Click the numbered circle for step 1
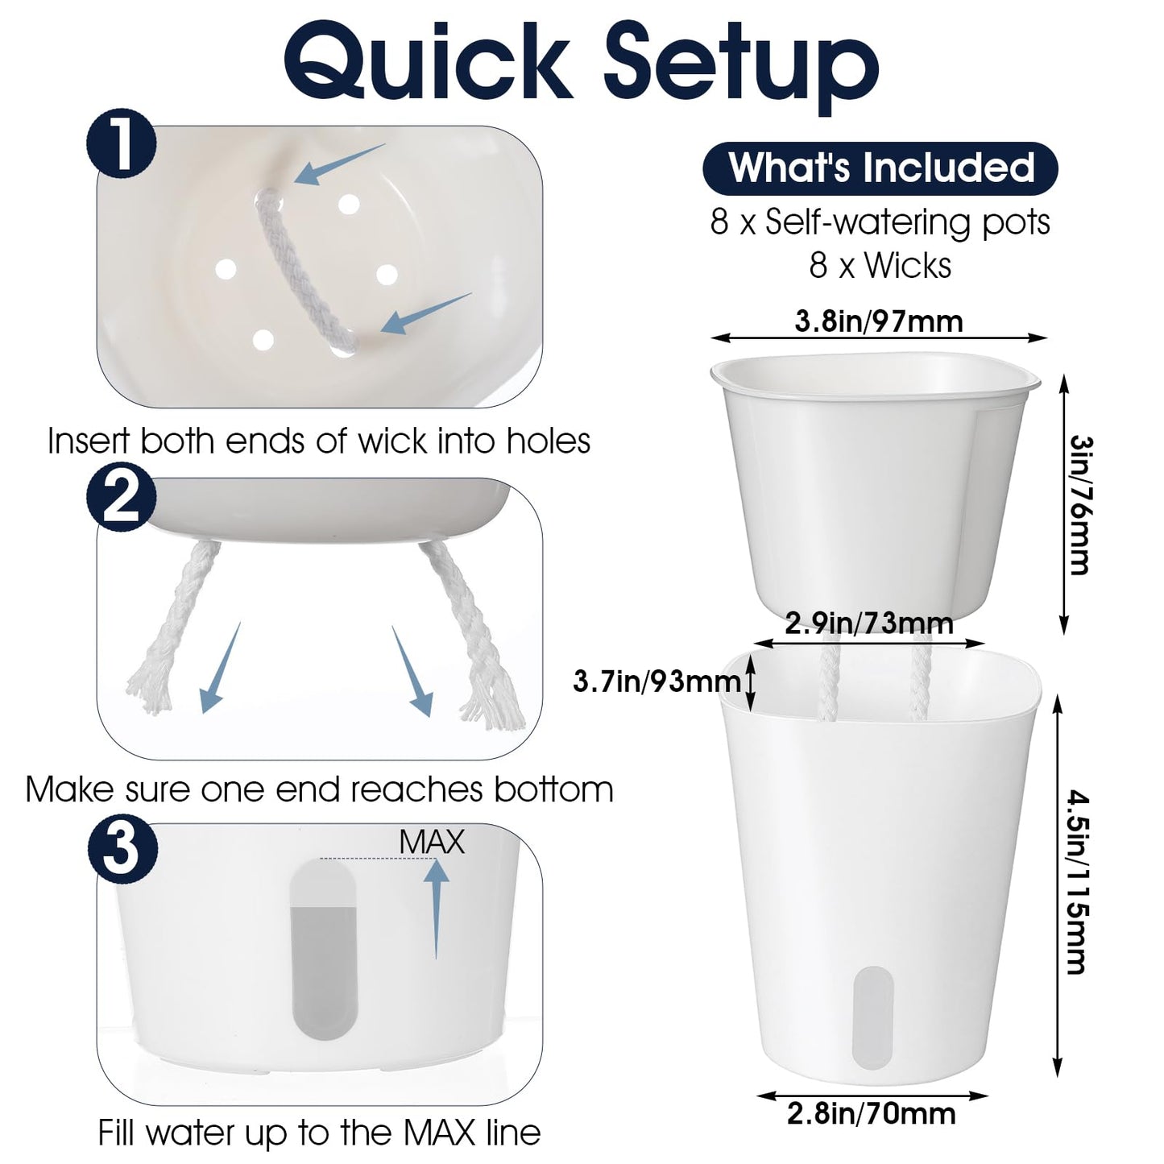pyautogui.click(x=122, y=145)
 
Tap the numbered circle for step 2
pyautogui.click(x=122, y=497)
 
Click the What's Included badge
pyautogui.click(x=880, y=168)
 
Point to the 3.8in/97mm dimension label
pyautogui.click(x=878, y=321)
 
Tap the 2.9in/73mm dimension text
pyautogui.click(x=868, y=623)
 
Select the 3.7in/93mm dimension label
pyautogui.click(x=657, y=681)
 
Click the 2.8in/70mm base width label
pyautogui.click(x=871, y=1113)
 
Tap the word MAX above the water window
pyautogui.click(x=432, y=842)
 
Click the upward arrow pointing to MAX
pyautogui.click(x=436, y=909)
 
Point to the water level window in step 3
pyautogui.click(x=325, y=950)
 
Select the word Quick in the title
pyautogui.click(x=429, y=61)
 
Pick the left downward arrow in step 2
pyautogui.click(x=220, y=668)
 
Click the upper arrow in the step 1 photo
pyautogui.click(x=339, y=164)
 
